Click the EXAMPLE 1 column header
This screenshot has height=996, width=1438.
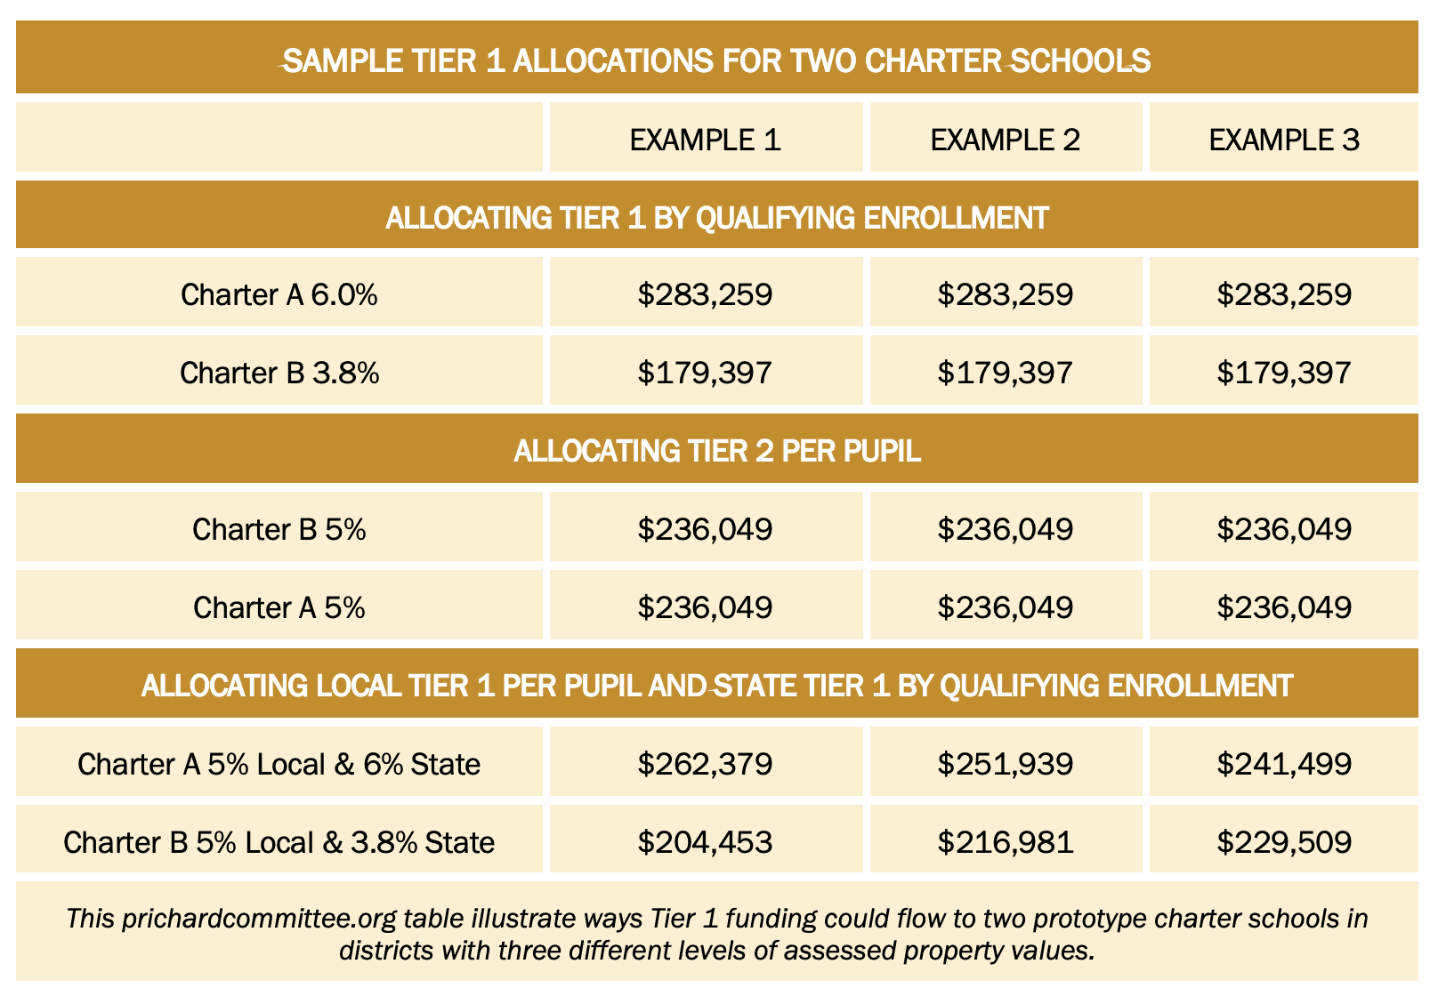(x=705, y=140)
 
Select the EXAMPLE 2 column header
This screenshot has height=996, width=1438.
(x=1005, y=140)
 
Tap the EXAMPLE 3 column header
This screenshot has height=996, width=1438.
(x=1283, y=140)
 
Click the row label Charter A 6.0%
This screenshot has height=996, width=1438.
(x=279, y=294)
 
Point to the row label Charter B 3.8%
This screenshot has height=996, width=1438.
(x=279, y=373)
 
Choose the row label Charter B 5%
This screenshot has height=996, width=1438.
(x=279, y=529)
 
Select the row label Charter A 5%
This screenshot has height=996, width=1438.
(x=279, y=607)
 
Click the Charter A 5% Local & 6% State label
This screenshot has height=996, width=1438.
(x=279, y=764)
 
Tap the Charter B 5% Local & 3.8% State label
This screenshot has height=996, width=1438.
(x=279, y=842)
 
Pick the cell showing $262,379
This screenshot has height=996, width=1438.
(x=705, y=764)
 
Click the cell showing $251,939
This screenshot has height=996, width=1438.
(x=1005, y=764)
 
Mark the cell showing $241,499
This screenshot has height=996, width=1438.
(x=1283, y=764)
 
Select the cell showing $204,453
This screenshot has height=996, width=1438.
(x=705, y=842)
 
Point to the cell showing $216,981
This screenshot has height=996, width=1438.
(x=1005, y=842)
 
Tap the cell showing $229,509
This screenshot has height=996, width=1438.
(x=1283, y=842)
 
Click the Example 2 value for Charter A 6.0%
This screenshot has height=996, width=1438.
(x=1005, y=294)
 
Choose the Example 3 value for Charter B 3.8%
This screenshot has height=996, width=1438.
(x=1283, y=373)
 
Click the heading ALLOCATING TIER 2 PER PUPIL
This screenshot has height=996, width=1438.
(x=716, y=451)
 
